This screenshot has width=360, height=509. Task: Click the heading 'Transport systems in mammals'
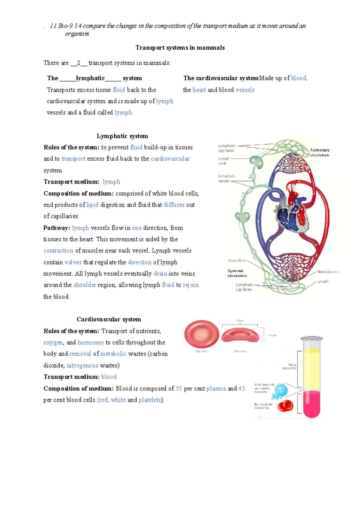tap(180, 48)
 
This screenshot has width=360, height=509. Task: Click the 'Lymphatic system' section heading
tap(122, 136)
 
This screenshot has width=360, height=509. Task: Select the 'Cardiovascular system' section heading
tap(109, 319)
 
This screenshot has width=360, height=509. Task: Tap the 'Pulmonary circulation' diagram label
tap(319, 152)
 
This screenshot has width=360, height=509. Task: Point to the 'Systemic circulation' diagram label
tap(237, 273)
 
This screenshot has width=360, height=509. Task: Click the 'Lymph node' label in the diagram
tap(223, 161)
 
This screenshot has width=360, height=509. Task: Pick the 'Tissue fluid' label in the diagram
tap(237, 261)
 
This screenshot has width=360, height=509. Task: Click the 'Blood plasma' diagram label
tap(328, 272)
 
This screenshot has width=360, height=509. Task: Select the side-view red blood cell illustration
tap(240, 336)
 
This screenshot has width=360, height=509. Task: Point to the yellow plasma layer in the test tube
tap(312, 371)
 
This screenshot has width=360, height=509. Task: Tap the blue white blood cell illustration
tap(280, 391)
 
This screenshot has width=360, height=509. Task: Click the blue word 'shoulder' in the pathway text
tap(85, 285)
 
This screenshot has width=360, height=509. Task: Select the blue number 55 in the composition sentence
tap(179, 389)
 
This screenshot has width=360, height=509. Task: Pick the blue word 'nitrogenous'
tap(82, 366)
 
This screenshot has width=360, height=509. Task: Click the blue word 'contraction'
tap(58, 251)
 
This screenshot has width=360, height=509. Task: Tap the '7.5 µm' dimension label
tap(239, 321)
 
